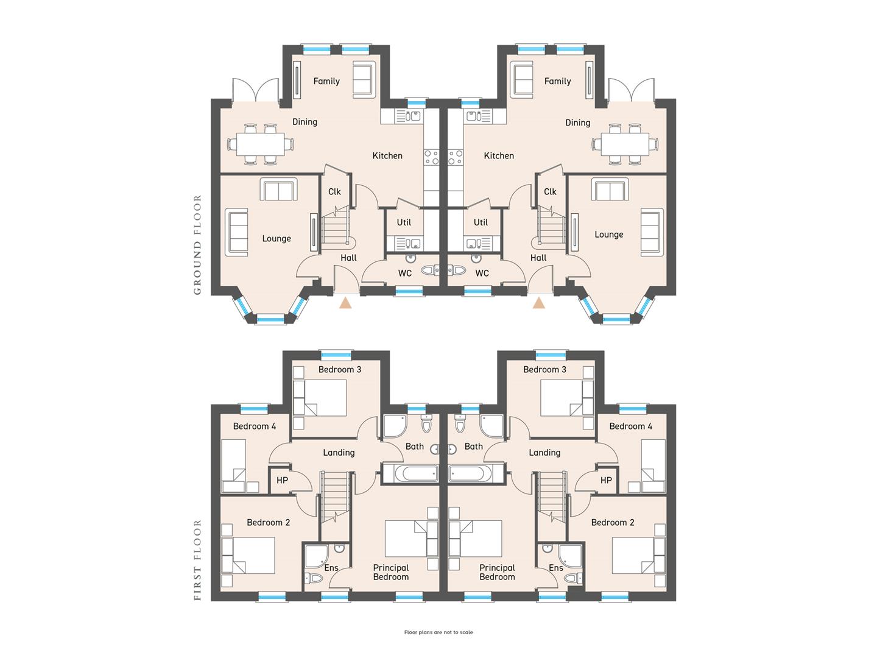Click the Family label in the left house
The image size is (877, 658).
(326, 82)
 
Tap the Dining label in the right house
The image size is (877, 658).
(578, 122)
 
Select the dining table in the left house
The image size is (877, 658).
(261, 144)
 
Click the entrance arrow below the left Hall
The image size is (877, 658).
(345, 303)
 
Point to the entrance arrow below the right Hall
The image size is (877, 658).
(538, 303)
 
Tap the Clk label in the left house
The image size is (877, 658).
(334, 192)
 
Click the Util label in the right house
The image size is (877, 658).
(481, 222)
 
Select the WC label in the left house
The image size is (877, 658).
(405, 274)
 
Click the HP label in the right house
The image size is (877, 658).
(606, 480)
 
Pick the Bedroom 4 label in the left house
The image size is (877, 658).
(255, 426)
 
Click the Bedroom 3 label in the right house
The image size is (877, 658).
(544, 370)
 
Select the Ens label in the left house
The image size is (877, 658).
(331, 568)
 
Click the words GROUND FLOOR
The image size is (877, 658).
(197, 245)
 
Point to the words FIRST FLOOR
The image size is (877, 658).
(197, 560)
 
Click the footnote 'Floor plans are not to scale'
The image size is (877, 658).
(438, 632)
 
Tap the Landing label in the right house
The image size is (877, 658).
(544, 453)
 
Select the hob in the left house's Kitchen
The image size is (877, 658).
(431, 157)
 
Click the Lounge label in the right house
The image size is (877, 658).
(609, 235)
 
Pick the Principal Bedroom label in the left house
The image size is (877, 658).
(391, 573)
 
